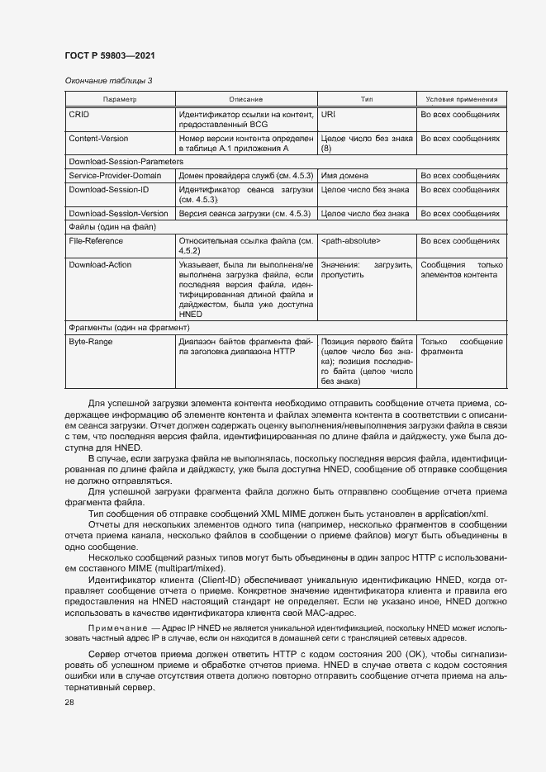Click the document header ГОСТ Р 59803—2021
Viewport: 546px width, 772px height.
pyautogui.click(x=110, y=55)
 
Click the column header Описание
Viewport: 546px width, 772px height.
pyautogui.click(x=245, y=99)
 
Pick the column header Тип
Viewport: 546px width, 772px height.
pyautogui.click(x=367, y=99)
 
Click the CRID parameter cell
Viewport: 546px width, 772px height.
pyautogui.click(x=78, y=116)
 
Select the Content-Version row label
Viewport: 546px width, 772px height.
pyautogui.click(x=98, y=139)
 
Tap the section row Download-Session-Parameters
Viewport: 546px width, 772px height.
pyautogui.click(x=126, y=162)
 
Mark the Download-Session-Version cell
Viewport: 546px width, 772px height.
pyautogui.click(x=118, y=213)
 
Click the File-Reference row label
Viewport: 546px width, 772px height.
pyautogui.click(x=96, y=241)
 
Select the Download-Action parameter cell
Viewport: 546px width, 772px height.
pyautogui.click(x=100, y=265)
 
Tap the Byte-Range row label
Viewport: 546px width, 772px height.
pyautogui.click(x=91, y=341)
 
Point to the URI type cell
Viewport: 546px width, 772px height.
pyautogui.click(x=328, y=116)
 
